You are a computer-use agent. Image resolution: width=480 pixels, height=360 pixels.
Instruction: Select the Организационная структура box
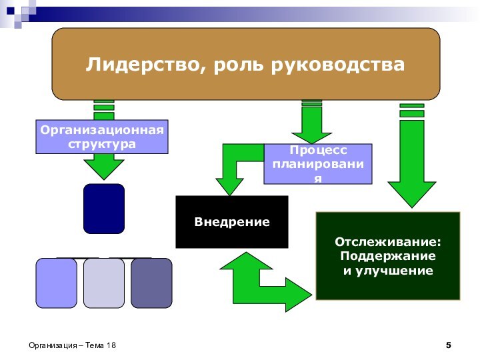click(102, 137)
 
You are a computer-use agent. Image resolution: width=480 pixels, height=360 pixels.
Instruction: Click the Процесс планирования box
click(318, 164)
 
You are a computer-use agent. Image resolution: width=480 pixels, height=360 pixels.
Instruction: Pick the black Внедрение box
click(232, 221)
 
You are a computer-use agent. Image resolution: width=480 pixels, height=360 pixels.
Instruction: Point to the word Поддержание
click(388, 256)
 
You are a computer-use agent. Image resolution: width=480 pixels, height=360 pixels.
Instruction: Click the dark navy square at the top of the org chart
click(104, 209)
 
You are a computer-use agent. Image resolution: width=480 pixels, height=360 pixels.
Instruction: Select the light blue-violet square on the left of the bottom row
click(57, 283)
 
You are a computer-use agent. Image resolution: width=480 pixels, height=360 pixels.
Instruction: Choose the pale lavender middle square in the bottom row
click(104, 283)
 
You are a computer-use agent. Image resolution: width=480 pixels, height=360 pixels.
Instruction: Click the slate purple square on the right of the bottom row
click(151, 283)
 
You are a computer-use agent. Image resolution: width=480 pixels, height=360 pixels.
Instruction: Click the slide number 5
click(449, 345)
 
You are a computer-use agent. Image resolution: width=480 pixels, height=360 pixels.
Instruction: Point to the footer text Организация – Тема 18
click(72, 345)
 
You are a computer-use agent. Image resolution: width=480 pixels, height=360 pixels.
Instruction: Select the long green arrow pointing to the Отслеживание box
click(411, 167)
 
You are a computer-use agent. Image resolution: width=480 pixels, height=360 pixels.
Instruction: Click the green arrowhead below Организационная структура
click(104, 166)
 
